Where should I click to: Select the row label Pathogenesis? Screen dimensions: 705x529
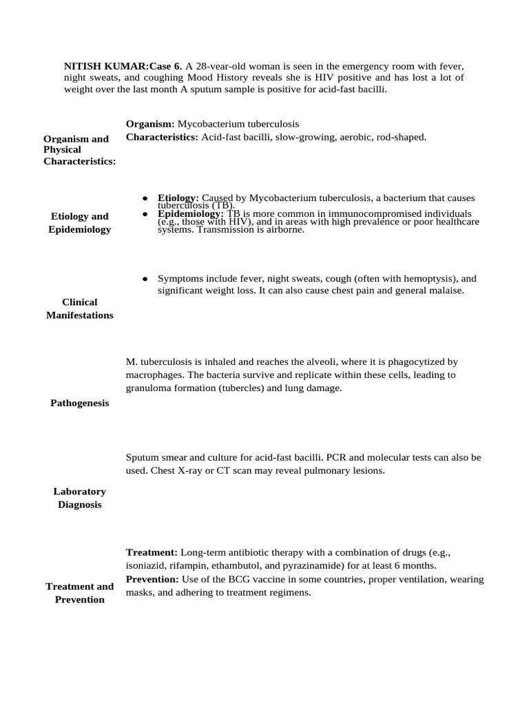80,403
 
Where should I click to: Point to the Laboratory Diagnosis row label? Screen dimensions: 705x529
80,498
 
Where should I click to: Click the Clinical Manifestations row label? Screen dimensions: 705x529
80,308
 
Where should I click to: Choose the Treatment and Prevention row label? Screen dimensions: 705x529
80,593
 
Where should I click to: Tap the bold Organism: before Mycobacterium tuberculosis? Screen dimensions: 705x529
150,124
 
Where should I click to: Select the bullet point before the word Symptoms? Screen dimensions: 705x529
145,279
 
